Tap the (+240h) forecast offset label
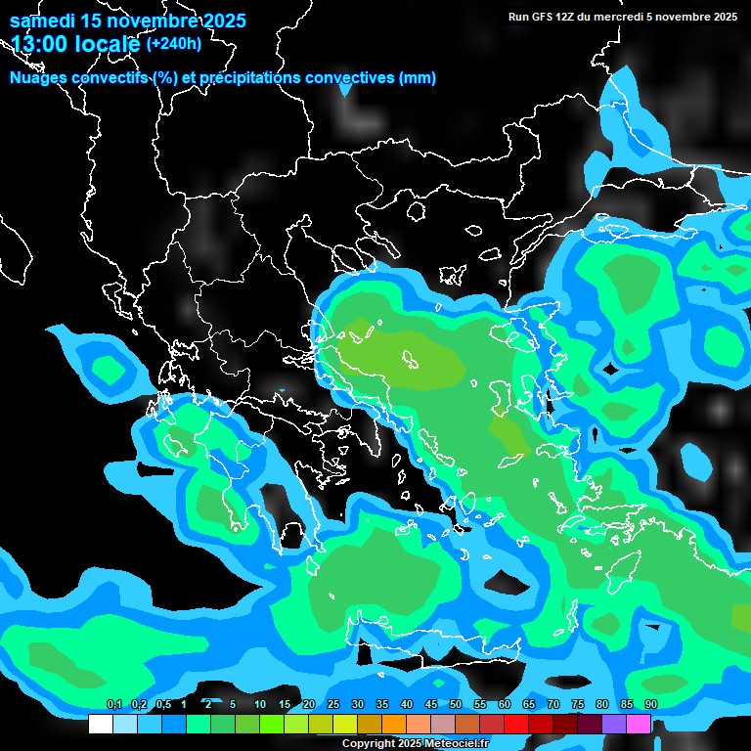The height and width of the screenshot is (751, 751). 174,44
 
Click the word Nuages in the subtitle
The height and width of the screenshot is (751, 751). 42,78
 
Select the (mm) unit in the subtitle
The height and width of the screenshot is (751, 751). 418,78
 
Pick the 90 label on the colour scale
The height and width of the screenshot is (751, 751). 650,704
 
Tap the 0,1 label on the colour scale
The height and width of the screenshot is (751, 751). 113,704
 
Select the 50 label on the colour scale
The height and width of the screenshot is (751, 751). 456,704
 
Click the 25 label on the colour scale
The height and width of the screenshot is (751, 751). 333,704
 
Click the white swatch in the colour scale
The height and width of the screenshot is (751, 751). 100,724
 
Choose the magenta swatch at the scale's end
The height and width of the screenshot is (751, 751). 639,724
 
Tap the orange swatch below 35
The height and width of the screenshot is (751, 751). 394,724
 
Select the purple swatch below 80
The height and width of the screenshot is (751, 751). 614,724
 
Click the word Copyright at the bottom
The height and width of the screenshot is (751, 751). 369,744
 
